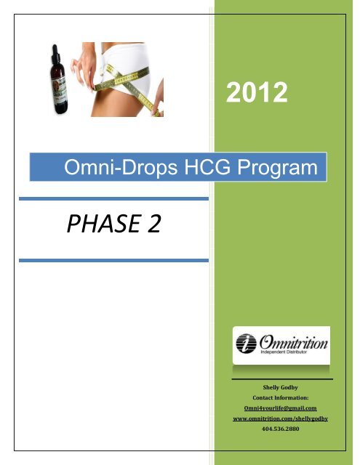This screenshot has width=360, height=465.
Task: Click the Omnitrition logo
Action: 281,344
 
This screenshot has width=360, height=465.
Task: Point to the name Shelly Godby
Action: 281,387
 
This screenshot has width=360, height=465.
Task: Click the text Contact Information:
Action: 281,398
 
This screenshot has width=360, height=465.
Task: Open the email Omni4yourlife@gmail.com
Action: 281,408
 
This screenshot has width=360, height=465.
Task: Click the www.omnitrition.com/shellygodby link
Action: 281,419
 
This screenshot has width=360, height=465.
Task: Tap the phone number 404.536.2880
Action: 281,429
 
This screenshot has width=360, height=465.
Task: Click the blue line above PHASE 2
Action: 113,198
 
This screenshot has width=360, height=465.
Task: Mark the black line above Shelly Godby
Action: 281,378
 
